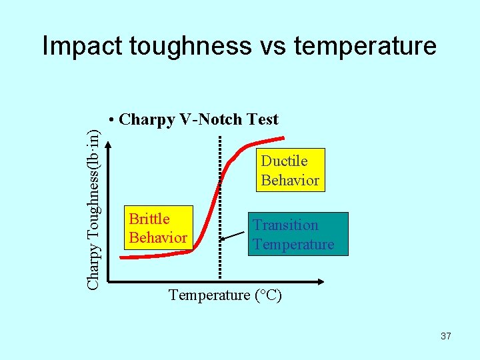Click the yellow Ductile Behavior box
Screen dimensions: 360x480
click(290, 170)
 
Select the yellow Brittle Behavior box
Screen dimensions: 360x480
click(158, 228)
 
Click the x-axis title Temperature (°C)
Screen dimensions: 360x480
click(225, 295)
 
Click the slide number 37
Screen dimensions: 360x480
click(446, 336)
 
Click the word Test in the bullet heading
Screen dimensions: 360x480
click(262, 119)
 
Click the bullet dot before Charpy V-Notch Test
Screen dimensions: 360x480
click(111, 120)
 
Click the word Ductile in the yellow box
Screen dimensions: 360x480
click(284, 161)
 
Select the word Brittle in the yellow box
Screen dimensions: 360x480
click(149, 219)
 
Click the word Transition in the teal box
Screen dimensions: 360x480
click(285, 225)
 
